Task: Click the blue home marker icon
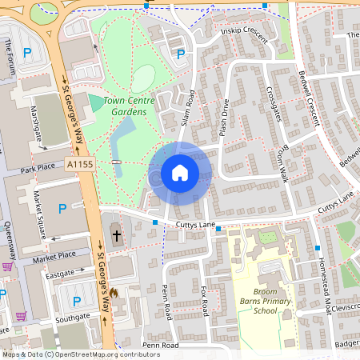180,173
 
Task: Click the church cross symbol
117,235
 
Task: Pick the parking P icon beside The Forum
29,53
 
